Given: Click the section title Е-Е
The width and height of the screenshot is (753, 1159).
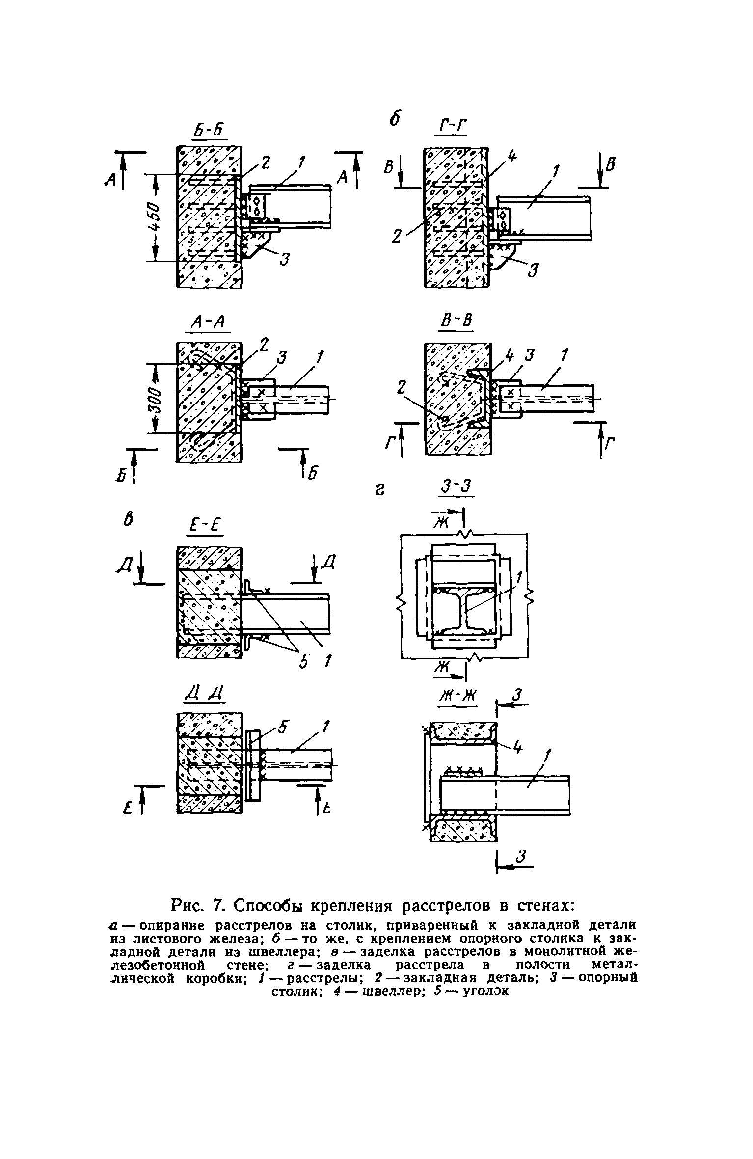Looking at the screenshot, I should click(205, 527).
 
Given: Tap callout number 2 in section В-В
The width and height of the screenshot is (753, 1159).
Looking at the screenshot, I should click(403, 389).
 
